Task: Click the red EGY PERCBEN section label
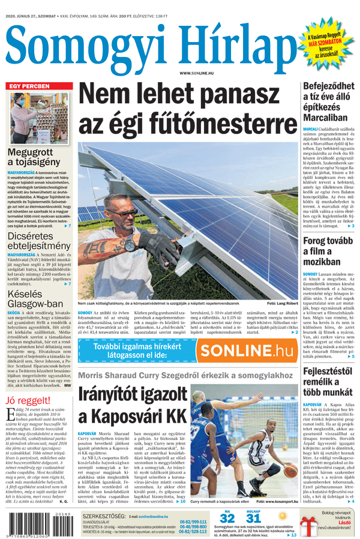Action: coord(29,86)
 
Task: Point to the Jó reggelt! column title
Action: coord(27,401)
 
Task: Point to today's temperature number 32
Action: coord(227,518)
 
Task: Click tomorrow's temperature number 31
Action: coord(253,518)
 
